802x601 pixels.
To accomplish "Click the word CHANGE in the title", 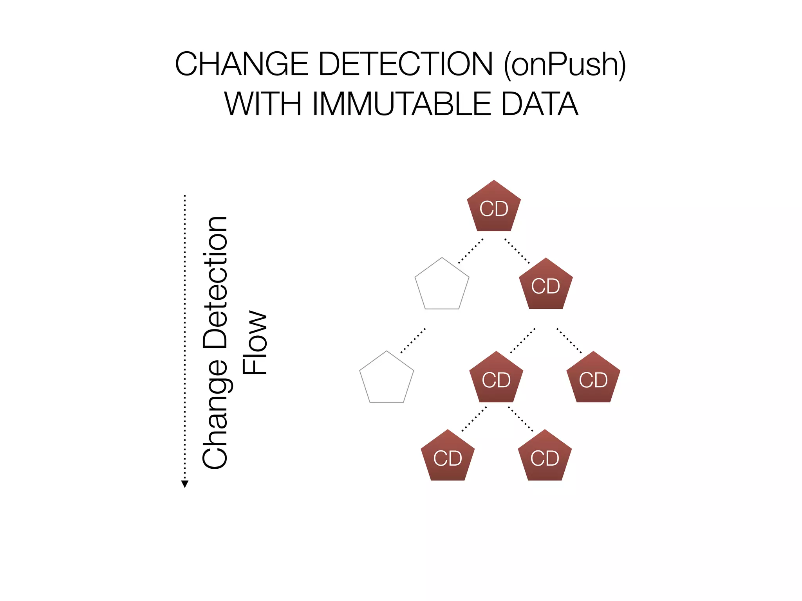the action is tap(242, 64).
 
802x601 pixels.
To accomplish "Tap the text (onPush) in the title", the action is tap(564, 64).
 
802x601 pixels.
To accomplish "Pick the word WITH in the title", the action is tap(263, 104).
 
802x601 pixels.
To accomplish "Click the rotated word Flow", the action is tap(255, 343).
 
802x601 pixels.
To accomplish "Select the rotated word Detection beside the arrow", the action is tap(215, 282).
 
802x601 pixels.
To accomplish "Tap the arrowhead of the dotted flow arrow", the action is tap(185, 484).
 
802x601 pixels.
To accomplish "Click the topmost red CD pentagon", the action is tap(494, 207).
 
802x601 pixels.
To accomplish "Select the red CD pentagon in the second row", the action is tap(546, 285).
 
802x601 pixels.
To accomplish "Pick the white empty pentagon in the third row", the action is tap(387, 378).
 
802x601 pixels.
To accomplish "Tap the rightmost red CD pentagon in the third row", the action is tap(593, 378).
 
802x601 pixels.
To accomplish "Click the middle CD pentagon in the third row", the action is tap(496, 378).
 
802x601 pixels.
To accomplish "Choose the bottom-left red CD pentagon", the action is tap(448, 457).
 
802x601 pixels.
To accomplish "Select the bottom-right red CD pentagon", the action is tap(545, 457).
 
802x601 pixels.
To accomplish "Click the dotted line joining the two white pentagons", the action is tap(413, 340).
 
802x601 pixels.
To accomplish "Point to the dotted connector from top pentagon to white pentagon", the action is tap(470, 251).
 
